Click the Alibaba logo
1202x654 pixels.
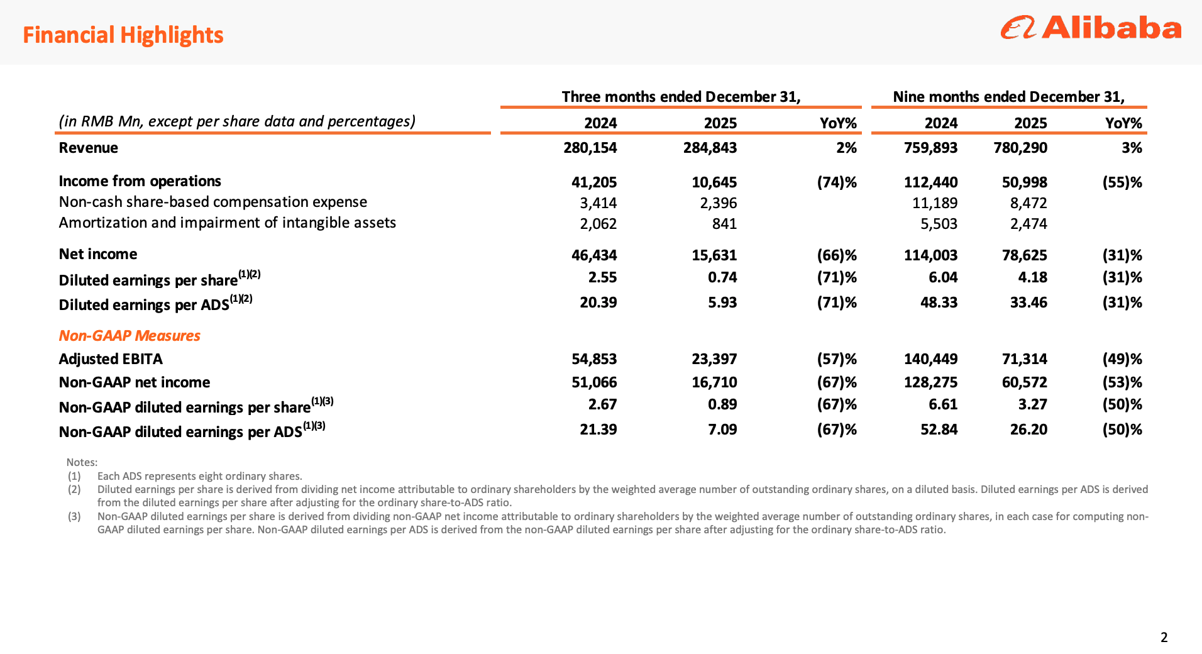pyautogui.click(x=1091, y=28)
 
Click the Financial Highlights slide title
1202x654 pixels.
pyautogui.click(x=123, y=35)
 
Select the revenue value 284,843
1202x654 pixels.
pyautogui.click(x=710, y=148)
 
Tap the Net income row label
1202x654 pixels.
pyautogui.click(x=98, y=254)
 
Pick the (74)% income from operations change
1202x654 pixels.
pyautogui.click(x=836, y=182)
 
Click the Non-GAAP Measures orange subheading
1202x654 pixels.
pyautogui.click(x=130, y=336)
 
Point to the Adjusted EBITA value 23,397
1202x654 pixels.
pyautogui.click(x=714, y=359)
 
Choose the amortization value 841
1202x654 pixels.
pyautogui.click(x=724, y=224)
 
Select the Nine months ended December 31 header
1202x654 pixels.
pyautogui.click(x=1008, y=97)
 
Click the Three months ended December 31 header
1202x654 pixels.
pyautogui.click(x=681, y=97)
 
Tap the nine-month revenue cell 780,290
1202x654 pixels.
pyautogui.click(x=1020, y=148)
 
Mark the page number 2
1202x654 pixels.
pyautogui.click(x=1164, y=638)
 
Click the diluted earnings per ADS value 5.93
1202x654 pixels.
pyautogui.click(x=722, y=302)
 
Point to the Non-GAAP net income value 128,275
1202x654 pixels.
pyautogui.click(x=930, y=382)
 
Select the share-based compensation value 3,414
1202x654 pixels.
pyautogui.click(x=598, y=203)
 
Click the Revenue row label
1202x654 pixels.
pyautogui.click(x=89, y=148)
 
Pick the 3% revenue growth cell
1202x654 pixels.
pyautogui.click(x=1132, y=148)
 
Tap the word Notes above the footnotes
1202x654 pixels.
pyautogui.click(x=82, y=462)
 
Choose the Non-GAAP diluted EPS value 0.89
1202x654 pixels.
pyautogui.click(x=722, y=404)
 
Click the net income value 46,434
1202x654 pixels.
pyautogui.click(x=594, y=255)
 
